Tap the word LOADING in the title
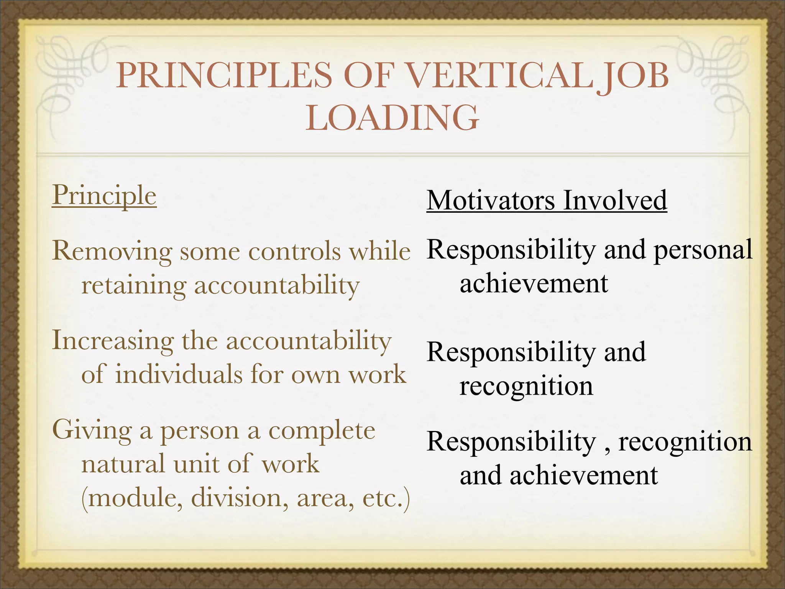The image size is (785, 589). pos(392,118)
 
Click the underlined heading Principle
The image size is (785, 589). pos(104,196)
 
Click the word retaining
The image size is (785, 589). pos(134,286)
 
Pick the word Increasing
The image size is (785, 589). pos(113,341)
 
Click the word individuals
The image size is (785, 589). pos(179,374)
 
